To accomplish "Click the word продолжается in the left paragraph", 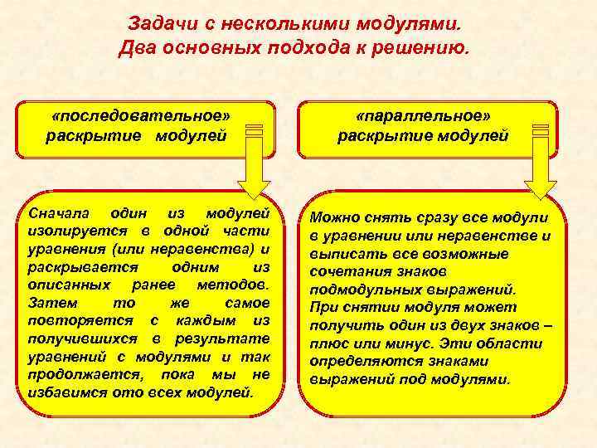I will point(77,374).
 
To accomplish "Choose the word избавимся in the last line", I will point(66,392).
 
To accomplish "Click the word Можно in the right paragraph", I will point(334,218).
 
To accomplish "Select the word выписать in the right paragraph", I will point(343,254).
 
